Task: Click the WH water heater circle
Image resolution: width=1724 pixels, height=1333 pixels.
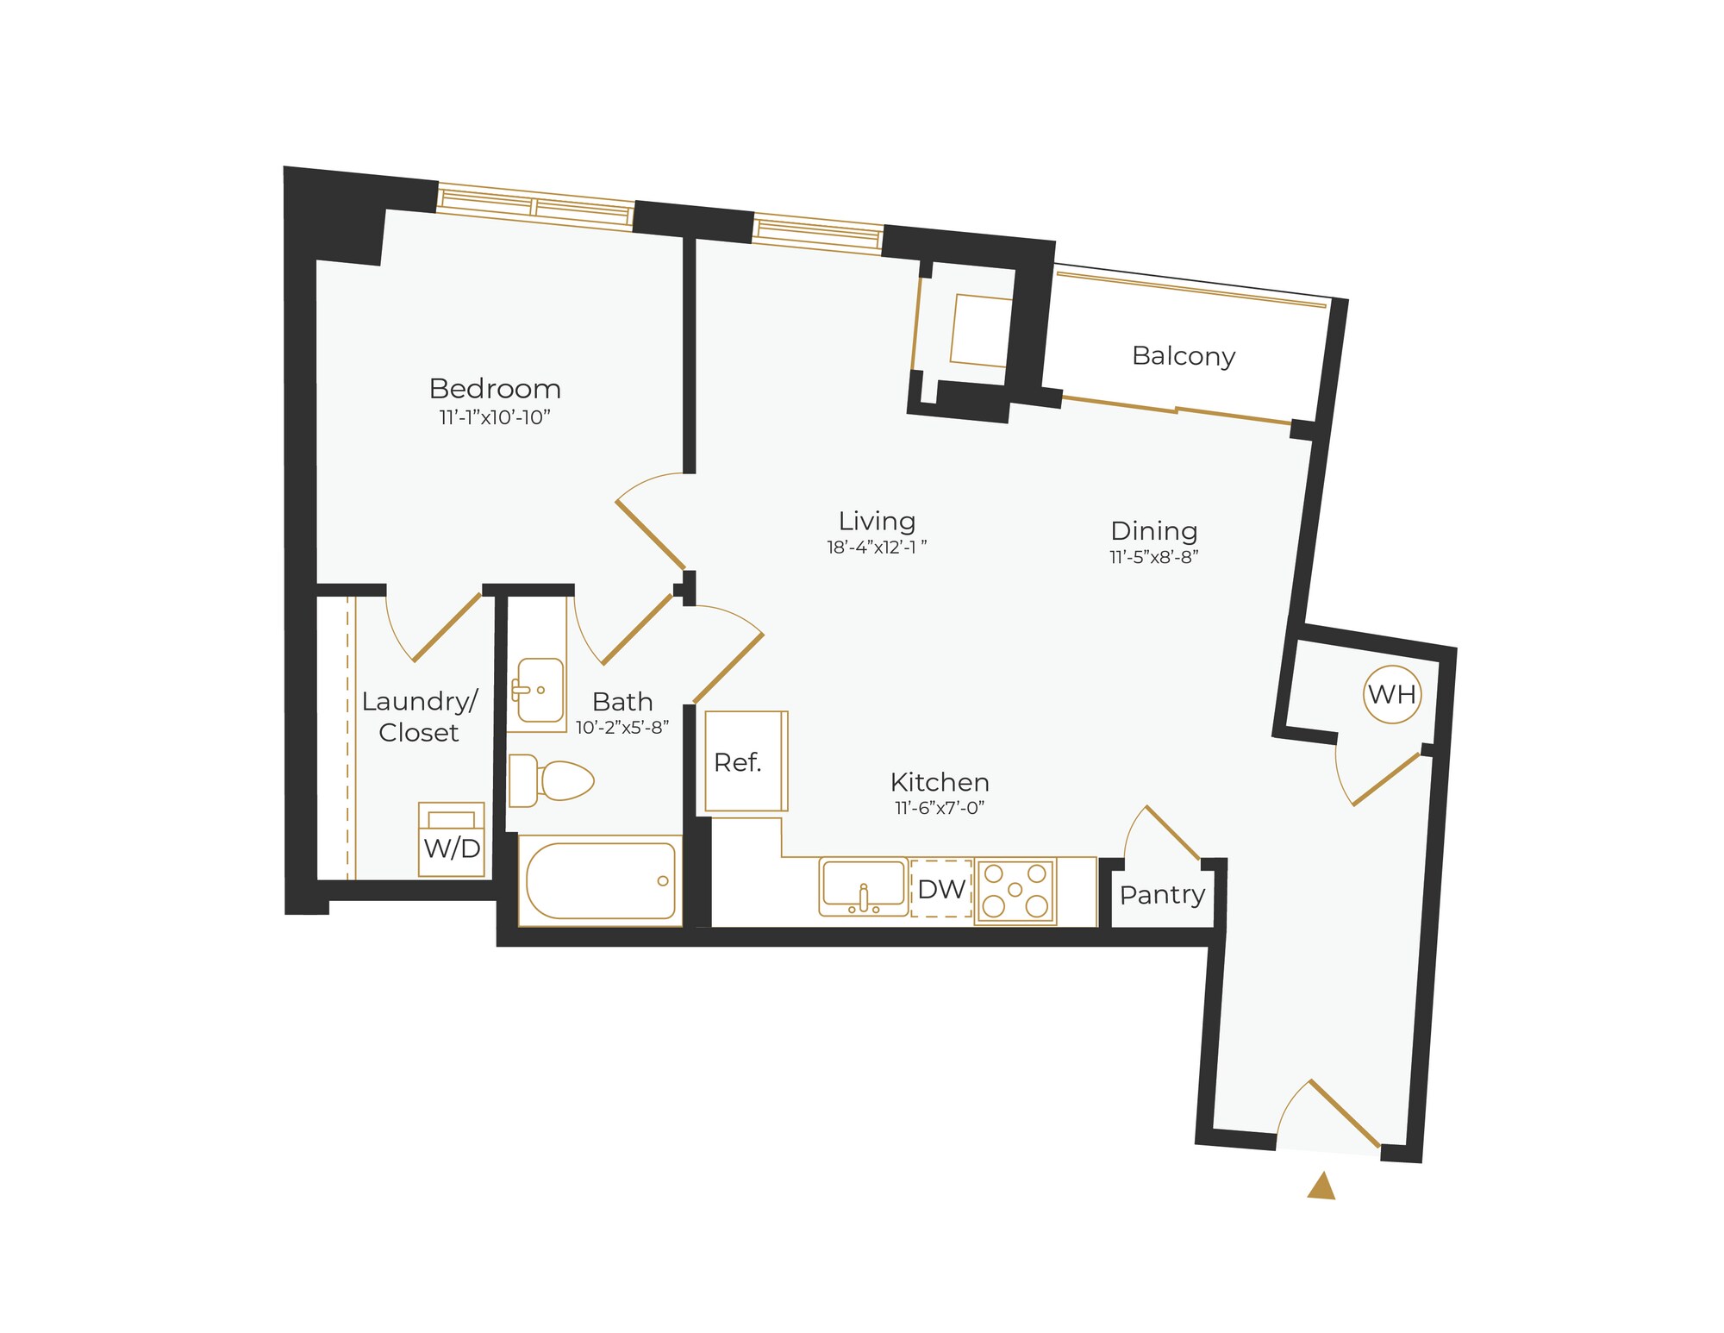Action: [1391, 694]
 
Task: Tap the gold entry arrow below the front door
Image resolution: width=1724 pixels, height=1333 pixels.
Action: [1321, 1187]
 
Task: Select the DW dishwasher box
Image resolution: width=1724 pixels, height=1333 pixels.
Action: [941, 889]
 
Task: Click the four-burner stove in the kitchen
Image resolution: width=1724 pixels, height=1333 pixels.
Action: [1015, 891]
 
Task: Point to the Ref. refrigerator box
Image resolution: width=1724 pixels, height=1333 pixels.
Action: [746, 761]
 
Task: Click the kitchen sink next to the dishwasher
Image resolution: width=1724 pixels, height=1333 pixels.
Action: [863, 886]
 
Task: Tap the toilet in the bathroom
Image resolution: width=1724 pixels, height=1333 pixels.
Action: [552, 780]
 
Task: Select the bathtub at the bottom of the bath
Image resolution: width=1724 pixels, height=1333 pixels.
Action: [600, 880]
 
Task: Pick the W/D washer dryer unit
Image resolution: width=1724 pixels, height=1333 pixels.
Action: [452, 840]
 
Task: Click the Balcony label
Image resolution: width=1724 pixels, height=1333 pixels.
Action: [1184, 356]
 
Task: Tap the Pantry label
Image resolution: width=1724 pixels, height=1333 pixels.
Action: [1162, 895]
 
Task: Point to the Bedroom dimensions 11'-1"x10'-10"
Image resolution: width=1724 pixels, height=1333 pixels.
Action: [495, 418]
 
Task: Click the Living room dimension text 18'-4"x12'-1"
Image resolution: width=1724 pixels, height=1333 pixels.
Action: [877, 547]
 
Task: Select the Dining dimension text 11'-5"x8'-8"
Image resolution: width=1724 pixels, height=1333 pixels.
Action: [1154, 557]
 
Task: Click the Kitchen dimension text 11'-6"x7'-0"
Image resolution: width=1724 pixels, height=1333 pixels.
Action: [940, 808]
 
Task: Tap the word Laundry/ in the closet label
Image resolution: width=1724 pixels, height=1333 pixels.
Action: [419, 701]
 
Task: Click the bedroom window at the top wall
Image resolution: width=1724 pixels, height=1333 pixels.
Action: [535, 206]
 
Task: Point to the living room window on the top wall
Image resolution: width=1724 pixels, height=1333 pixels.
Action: [818, 234]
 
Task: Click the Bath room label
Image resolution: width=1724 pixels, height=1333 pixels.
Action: [622, 702]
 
